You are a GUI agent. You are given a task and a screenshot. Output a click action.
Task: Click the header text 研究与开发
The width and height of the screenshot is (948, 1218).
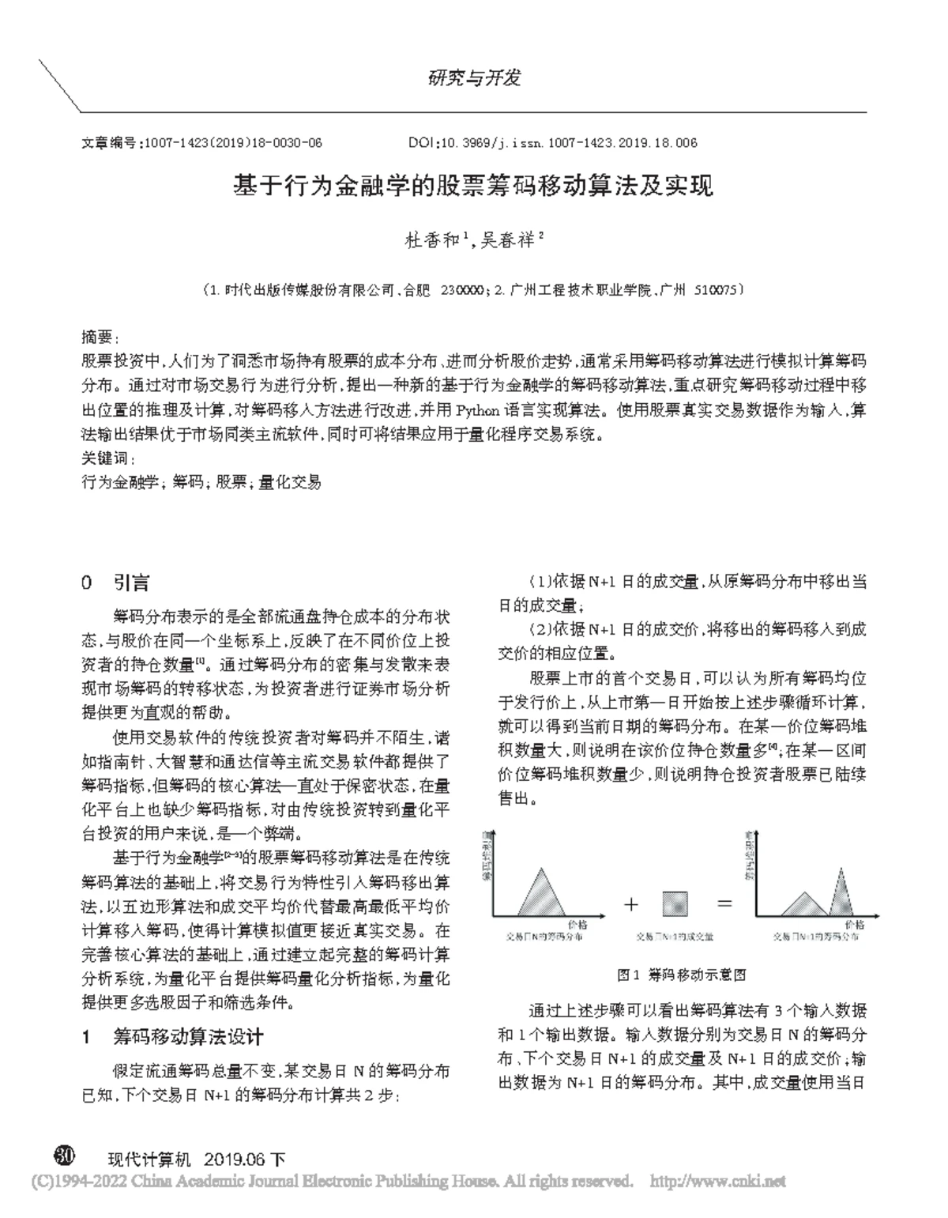[474, 77]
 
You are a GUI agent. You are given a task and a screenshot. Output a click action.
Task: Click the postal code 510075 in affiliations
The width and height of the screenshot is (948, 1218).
[715, 290]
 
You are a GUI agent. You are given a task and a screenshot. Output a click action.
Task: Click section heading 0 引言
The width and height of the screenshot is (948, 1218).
[115, 583]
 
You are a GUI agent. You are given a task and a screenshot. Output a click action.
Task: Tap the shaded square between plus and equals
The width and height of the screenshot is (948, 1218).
[675, 903]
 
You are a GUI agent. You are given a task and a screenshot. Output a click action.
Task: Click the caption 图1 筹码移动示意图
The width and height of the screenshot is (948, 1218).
[682, 975]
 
